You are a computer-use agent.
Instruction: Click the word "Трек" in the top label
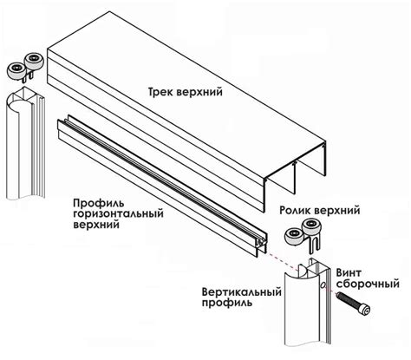160,92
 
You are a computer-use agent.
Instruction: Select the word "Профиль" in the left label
99,204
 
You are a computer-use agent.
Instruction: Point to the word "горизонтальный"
118,214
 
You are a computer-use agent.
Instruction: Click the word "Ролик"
295,210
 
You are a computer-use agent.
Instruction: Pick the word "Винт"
349,272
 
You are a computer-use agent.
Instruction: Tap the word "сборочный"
368,284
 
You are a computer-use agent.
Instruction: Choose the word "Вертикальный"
242,291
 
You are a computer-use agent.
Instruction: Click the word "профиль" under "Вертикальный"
227,303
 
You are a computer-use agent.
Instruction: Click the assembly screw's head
365,310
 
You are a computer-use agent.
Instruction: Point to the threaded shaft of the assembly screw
348,299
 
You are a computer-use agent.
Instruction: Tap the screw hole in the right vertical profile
323,285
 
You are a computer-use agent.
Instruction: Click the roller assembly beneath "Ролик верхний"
303,234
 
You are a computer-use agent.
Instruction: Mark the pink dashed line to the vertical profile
282,262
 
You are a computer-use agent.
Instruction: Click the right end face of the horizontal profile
261,245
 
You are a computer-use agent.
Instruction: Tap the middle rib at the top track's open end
296,179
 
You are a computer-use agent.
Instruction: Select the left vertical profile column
25,143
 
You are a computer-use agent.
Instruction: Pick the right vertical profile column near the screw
307,302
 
